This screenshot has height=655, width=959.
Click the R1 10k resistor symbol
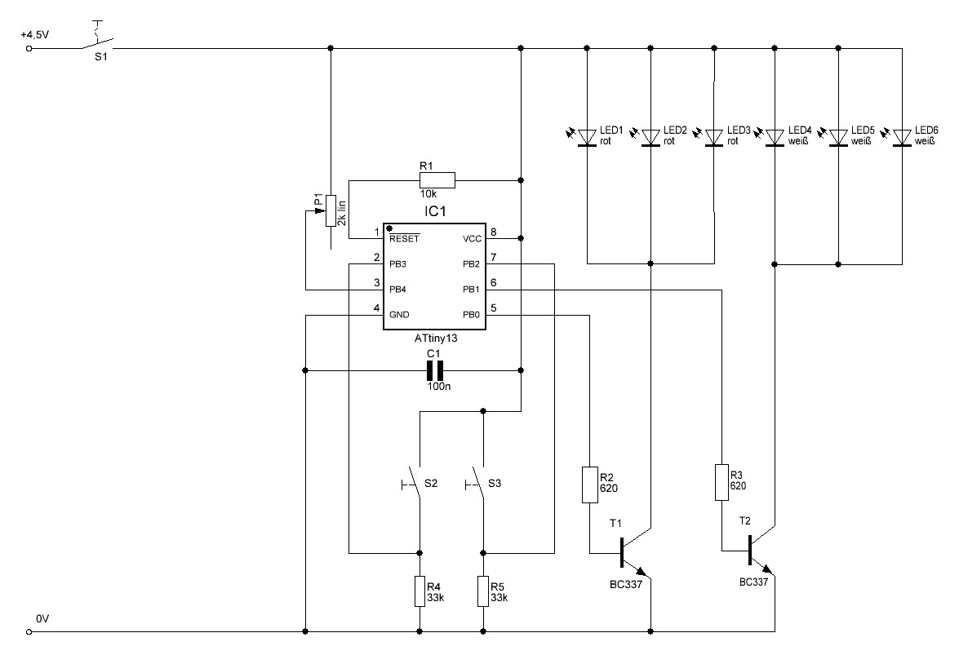(x=437, y=180)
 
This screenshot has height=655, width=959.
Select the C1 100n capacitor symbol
(x=434, y=370)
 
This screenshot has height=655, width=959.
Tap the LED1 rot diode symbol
(x=587, y=138)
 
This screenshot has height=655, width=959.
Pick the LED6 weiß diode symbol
(x=902, y=138)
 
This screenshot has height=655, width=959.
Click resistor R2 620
(x=589, y=485)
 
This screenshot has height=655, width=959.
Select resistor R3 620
(x=721, y=483)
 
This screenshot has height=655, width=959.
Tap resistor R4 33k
(x=420, y=591)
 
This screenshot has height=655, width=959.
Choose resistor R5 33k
(x=483, y=591)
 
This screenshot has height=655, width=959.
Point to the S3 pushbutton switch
(x=478, y=484)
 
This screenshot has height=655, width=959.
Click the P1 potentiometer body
(x=331, y=210)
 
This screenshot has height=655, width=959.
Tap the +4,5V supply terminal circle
(x=28, y=47)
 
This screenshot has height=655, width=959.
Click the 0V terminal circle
(x=28, y=632)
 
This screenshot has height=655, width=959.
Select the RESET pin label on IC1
(x=404, y=238)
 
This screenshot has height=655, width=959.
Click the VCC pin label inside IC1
(x=473, y=238)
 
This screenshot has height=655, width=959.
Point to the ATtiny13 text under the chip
(x=436, y=338)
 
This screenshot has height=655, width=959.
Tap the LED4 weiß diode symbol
(x=775, y=138)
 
